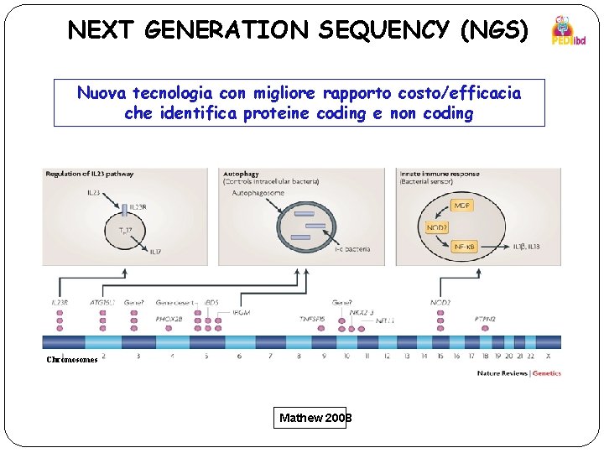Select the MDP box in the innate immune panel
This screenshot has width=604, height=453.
click(x=461, y=206)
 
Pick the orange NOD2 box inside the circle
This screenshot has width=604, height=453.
click(x=435, y=226)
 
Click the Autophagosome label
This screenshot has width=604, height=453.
click(x=258, y=192)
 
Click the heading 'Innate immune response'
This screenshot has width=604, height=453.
click(x=440, y=174)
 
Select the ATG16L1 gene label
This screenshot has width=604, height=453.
click(x=102, y=302)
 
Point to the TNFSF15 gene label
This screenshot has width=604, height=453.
click(x=312, y=319)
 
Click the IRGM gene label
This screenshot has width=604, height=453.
click(x=241, y=312)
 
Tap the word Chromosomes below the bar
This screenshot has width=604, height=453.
click(x=72, y=360)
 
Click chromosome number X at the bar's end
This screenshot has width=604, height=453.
click(x=548, y=356)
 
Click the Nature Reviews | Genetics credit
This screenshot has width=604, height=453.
click(x=519, y=372)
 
